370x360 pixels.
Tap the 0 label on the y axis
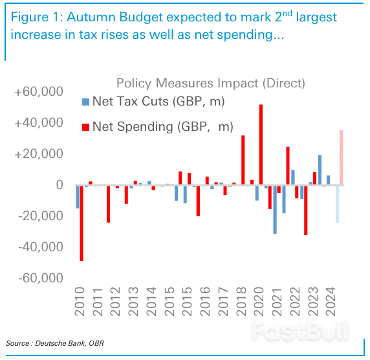[59, 185]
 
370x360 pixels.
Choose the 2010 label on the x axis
[80, 302]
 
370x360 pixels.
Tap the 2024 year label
[331, 302]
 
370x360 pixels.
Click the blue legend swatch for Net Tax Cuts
[86, 102]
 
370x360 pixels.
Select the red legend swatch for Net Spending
[86, 126]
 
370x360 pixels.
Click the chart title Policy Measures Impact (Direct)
[210, 83]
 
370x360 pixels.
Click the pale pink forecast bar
[341, 157]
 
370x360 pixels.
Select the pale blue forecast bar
[337, 204]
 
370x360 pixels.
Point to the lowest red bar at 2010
[82, 223]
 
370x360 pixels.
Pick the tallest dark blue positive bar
[320, 170]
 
